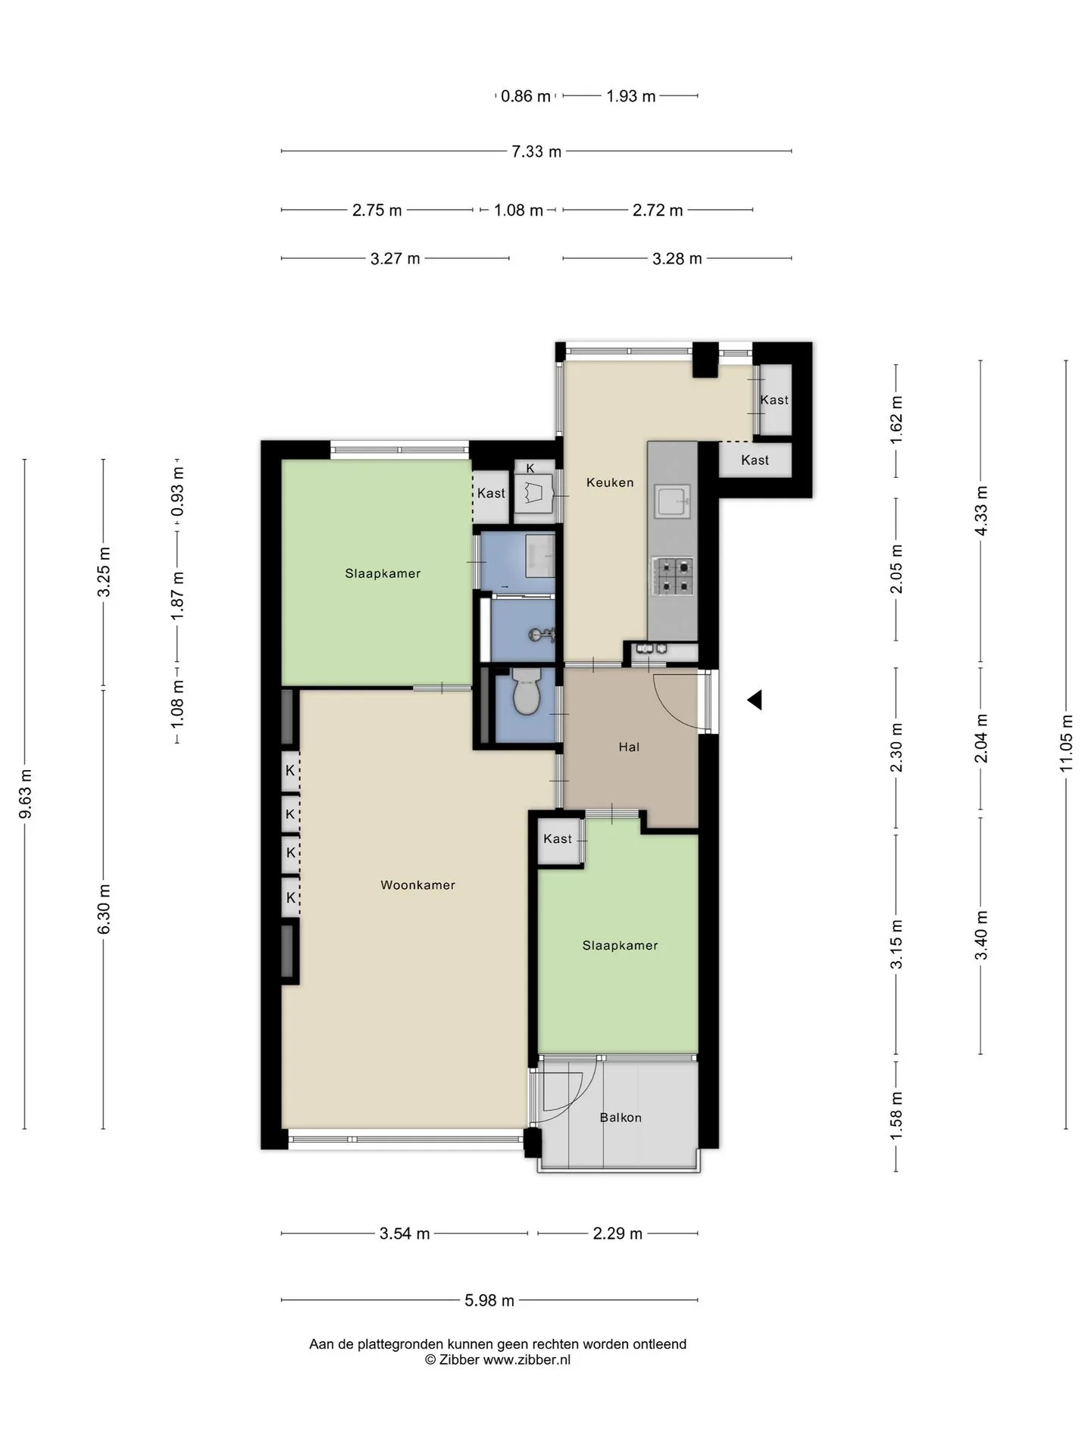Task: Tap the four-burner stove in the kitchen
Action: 673,576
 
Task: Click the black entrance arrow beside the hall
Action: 755,700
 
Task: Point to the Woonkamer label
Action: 417,885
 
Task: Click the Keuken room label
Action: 610,482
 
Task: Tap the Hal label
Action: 629,747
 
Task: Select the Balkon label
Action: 621,1117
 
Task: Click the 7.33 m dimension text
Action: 536,151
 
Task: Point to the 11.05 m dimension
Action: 1067,743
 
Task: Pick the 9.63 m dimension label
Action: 25,794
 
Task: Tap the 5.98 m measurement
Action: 489,1300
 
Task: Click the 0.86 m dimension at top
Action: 526,96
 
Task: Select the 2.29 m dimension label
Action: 617,1234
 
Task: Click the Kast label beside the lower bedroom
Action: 558,838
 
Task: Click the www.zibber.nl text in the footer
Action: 527,1359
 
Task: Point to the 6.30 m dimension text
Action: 104,909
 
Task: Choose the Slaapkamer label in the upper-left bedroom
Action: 383,573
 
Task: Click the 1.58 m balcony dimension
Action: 896,1116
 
